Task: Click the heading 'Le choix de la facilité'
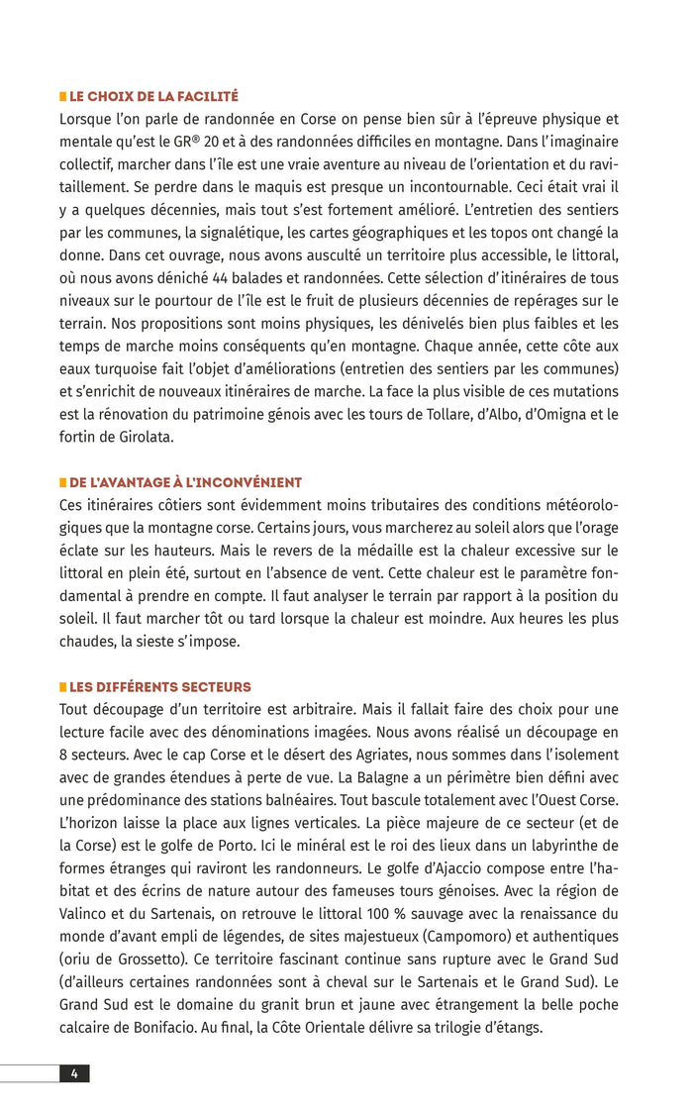153,97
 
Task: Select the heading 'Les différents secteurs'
159,687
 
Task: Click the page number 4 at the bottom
74,1073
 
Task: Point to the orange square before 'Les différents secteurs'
62,687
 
